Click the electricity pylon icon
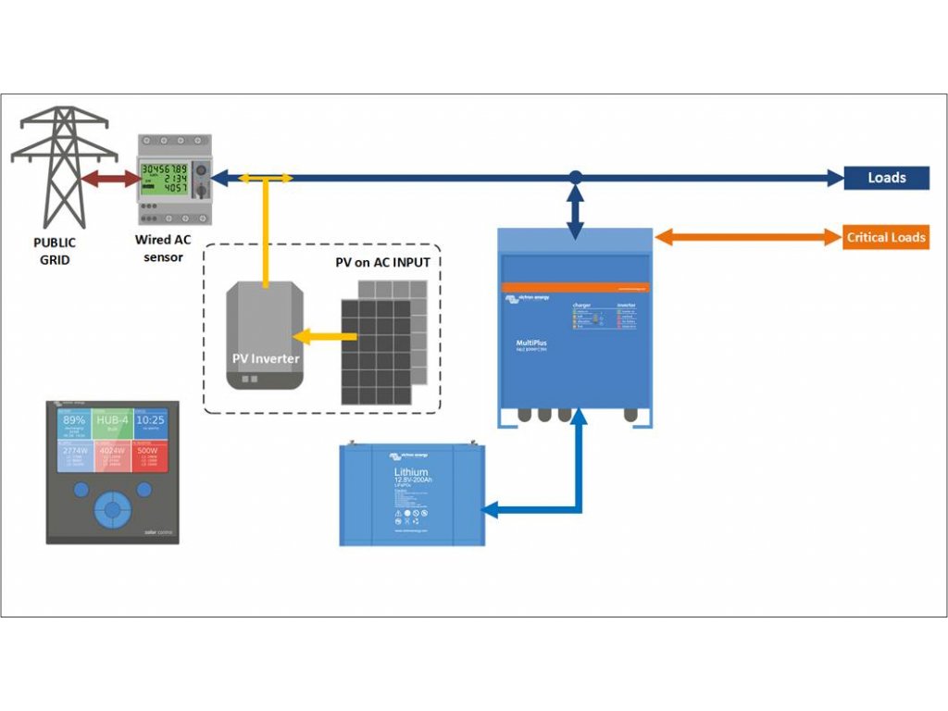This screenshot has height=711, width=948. [x=63, y=167]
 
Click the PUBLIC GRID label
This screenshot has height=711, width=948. [x=55, y=251]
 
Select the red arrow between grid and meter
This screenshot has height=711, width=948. [x=110, y=179]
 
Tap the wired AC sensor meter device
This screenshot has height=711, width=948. [x=174, y=179]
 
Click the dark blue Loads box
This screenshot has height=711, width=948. [x=886, y=178]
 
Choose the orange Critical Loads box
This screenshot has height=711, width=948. [x=886, y=237]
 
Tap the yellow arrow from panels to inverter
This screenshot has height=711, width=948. [x=316, y=338]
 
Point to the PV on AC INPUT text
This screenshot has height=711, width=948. [x=382, y=263]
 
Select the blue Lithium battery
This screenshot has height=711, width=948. [x=412, y=495]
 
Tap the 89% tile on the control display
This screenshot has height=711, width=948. [x=74, y=424]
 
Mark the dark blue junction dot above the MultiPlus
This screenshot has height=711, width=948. [x=575, y=177]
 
